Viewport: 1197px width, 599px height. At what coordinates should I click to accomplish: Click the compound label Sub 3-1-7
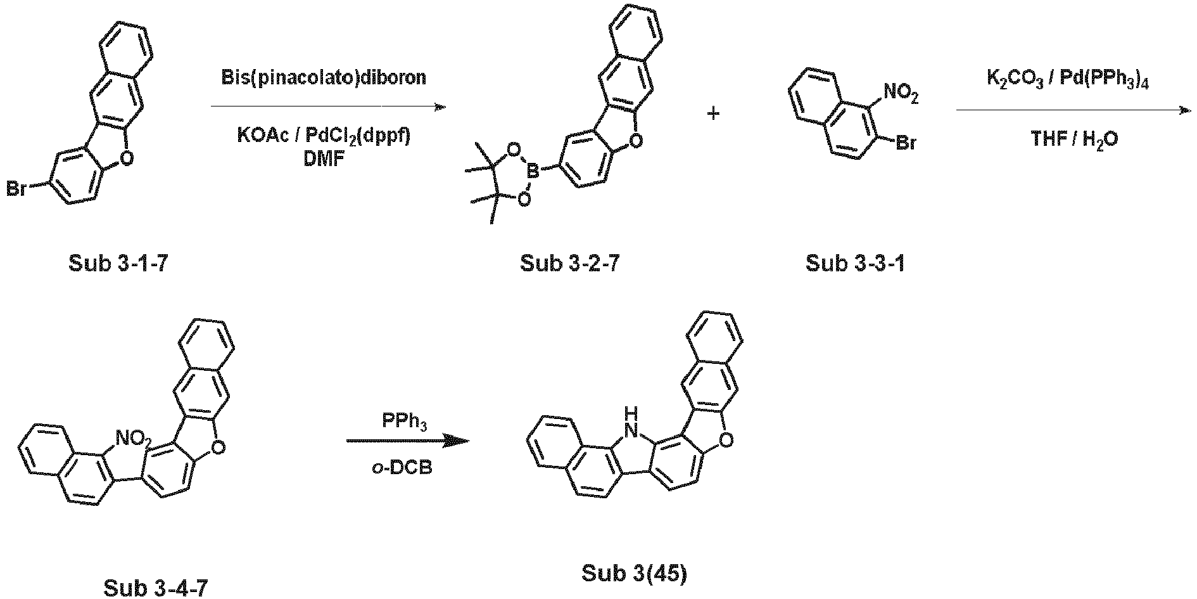(118, 263)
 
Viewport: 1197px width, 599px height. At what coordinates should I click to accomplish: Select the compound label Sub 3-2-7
(569, 263)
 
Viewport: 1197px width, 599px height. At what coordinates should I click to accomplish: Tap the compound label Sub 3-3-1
(855, 263)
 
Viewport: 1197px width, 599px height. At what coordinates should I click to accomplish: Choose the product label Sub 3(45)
(634, 574)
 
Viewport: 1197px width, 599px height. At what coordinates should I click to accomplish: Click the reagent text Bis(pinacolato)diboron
(324, 78)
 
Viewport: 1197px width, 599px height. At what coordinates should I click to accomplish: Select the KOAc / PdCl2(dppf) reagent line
(324, 136)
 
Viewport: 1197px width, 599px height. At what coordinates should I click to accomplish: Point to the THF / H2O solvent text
(1074, 139)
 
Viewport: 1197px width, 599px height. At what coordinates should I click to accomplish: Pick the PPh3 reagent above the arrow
(405, 422)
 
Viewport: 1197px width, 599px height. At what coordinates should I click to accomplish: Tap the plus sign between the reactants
(713, 115)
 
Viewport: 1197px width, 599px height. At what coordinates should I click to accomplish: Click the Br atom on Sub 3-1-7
(16, 189)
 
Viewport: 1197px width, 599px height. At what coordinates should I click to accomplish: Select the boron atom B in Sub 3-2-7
(533, 169)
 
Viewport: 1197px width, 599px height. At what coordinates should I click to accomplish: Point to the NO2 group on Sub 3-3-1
(901, 94)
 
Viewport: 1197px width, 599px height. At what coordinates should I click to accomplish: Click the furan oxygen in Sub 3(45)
(725, 437)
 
